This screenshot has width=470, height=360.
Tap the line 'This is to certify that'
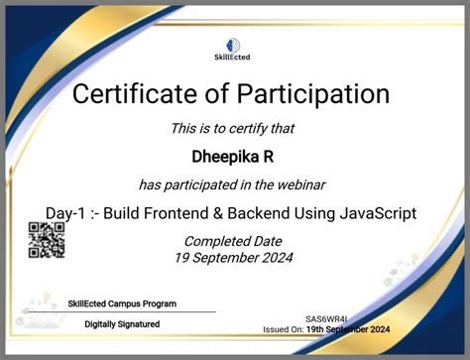click(x=233, y=128)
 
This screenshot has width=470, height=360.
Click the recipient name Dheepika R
click(x=233, y=156)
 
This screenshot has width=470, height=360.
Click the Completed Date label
click(x=234, y=241)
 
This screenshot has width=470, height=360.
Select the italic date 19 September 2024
click(x=234, y=258)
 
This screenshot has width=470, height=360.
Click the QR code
click(x=47, y=240)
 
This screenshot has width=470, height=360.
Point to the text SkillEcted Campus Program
click(x=122, y=303)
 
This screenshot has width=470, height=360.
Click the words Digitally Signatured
click(x=122, y=323)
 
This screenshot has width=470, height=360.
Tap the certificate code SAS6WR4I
click(x=326, y=319)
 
